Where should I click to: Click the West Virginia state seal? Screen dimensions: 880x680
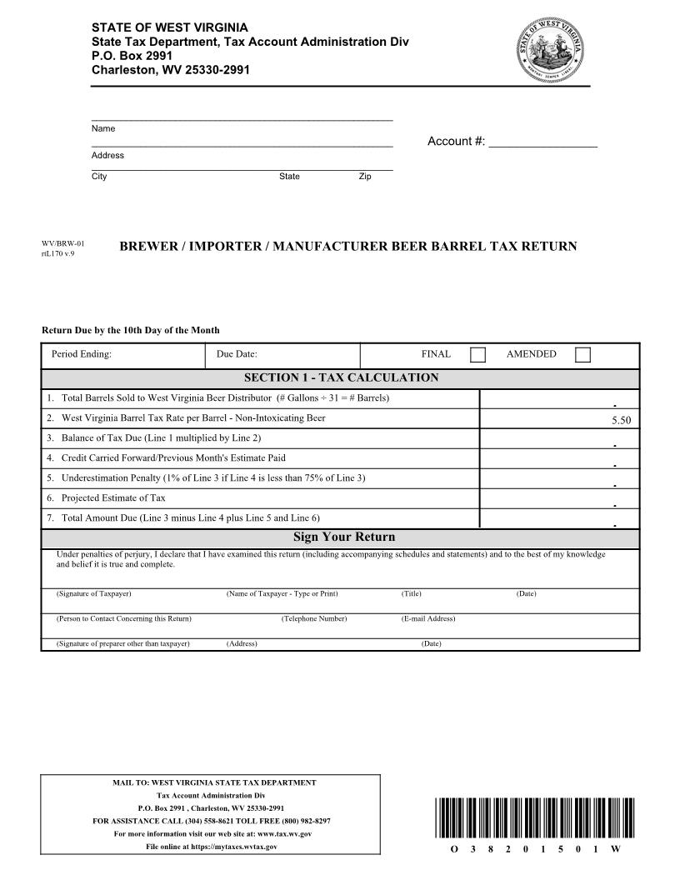coord(551,52)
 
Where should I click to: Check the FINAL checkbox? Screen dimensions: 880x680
coord(477,355)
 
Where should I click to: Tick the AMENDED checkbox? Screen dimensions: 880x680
coord(582,355)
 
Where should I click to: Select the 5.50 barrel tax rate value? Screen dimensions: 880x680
coord(621,421)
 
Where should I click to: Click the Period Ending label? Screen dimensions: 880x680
coord(82,354)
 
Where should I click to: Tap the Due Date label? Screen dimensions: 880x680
coord(237,354)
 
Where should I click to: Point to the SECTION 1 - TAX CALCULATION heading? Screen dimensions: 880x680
coord(341,378)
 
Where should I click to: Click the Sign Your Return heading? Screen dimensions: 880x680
coord(343,537)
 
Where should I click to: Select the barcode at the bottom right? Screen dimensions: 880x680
coord(529,818)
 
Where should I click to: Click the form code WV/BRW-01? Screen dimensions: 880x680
coord(63,244)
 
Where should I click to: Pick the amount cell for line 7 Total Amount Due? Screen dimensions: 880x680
coord(559,518)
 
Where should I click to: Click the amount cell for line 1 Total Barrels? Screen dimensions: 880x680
coord(559,398)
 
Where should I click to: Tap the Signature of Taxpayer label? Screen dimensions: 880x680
coord(93,594)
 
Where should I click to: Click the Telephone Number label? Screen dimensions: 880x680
coord(313,619)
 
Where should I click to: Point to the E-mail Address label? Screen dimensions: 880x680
coord(428,619)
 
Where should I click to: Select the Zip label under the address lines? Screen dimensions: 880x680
coord(365,177)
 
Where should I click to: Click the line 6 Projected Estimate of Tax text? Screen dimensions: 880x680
coord(113,498)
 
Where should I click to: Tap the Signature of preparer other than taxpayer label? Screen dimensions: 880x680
coord(122,644)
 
